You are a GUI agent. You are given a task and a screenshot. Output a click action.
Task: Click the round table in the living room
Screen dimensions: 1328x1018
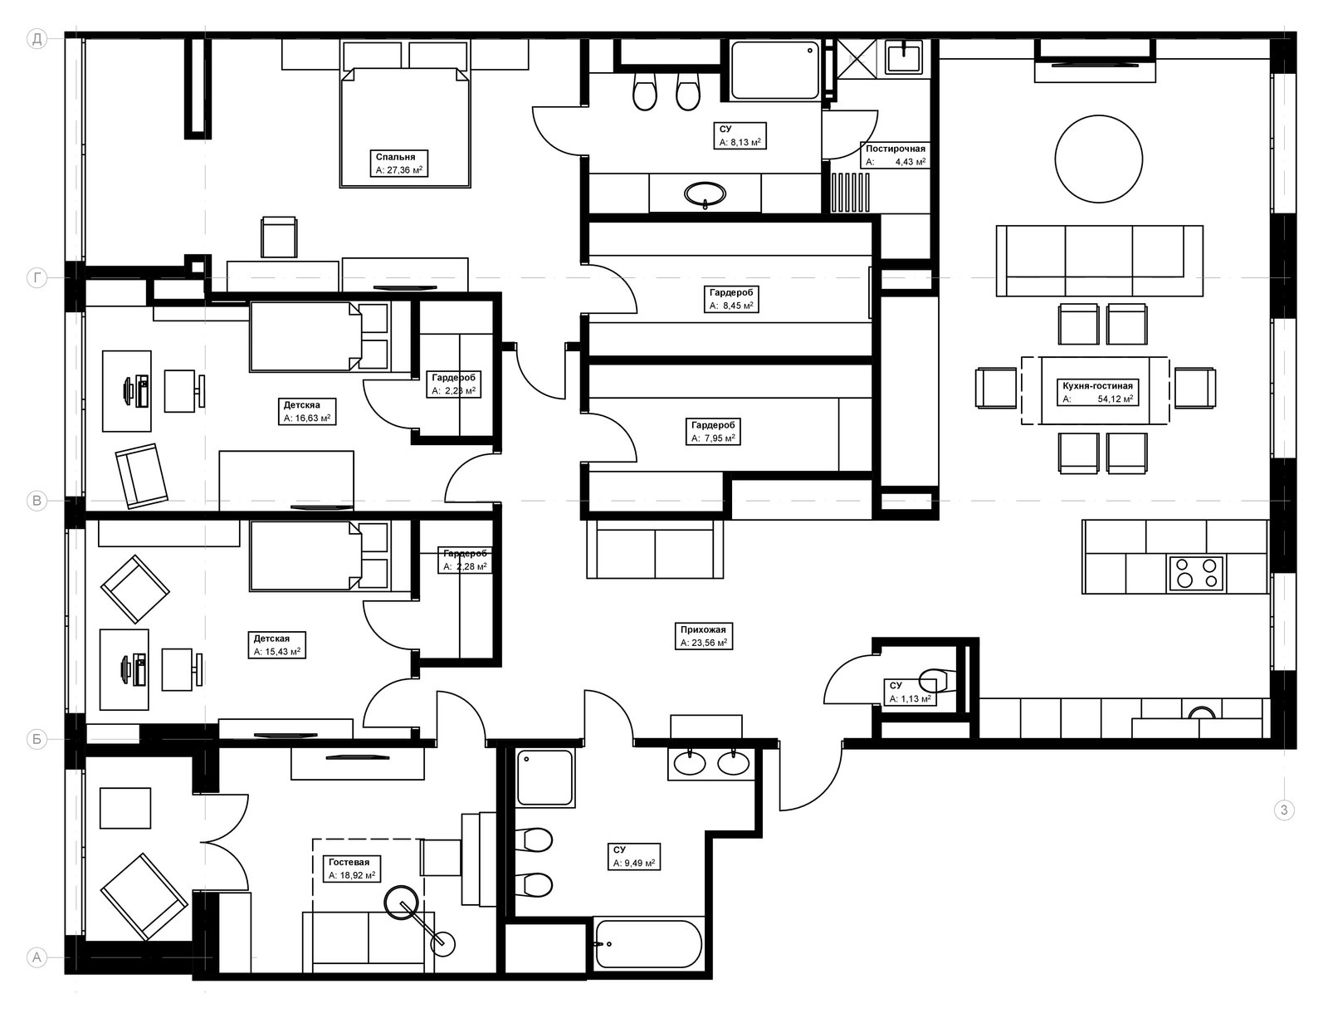click(x=1098, y=159)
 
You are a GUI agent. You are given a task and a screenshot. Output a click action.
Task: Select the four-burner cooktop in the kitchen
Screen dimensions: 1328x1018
click(x=1196, y=573)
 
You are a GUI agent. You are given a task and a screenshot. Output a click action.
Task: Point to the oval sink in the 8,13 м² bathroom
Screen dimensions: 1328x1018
click(x=705, y=194)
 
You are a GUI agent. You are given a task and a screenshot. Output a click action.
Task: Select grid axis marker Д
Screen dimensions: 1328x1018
click(x=37, y=39)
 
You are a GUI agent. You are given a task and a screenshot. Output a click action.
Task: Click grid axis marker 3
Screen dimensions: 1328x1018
click(x=1284, y=810)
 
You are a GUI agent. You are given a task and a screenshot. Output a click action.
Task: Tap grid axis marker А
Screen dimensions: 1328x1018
click(x=37, y=957)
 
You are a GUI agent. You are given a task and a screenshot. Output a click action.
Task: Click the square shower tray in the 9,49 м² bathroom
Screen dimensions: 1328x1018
click(x=545, y=778)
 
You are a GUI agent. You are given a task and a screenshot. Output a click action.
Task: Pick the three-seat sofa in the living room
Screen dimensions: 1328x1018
click(x=1100, y=261)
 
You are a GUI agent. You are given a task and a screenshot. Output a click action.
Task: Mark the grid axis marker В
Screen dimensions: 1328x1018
click(x=37, y=501)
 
